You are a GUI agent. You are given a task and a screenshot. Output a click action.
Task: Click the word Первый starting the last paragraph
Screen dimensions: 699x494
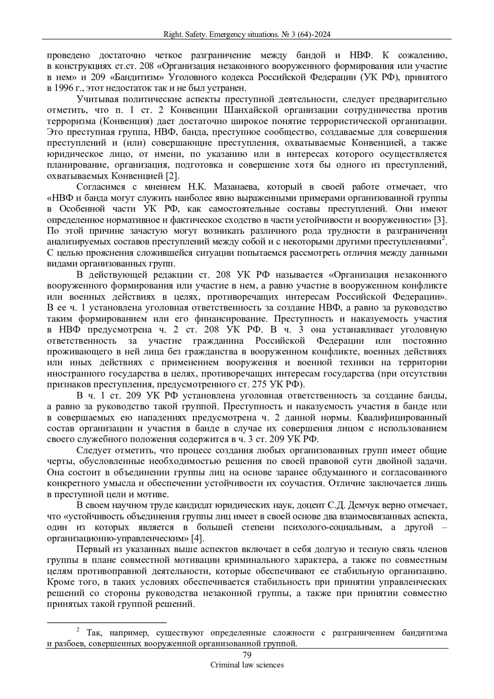[91, 550]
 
